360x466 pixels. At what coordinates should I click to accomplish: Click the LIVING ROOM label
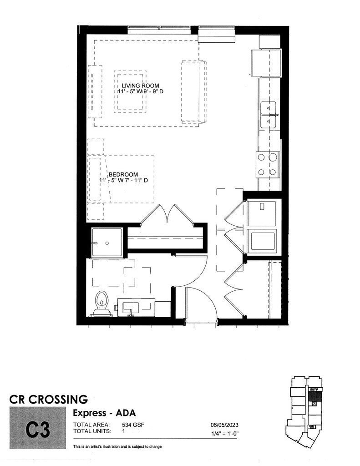point(140,86)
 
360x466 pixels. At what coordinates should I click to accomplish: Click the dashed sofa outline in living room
point(193,91)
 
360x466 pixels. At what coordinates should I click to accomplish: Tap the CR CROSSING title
point(49,400)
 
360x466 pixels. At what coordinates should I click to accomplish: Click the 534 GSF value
point(132,425)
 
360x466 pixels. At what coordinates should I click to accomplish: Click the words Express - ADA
point(104,412)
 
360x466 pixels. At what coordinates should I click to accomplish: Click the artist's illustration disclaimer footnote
point(117,446)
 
